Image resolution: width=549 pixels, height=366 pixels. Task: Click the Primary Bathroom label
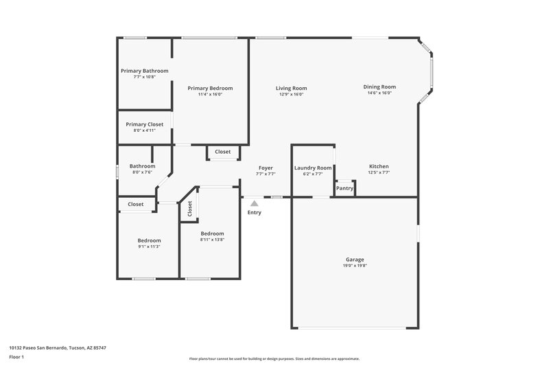144,71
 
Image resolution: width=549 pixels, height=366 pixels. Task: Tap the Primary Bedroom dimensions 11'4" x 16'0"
210,94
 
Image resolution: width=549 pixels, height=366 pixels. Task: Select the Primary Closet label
144,124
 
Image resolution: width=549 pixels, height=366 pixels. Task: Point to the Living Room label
291,88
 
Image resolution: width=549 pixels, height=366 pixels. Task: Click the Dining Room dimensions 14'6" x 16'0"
379,93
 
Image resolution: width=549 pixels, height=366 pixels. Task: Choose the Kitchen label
379,167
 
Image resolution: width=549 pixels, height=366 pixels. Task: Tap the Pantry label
344,188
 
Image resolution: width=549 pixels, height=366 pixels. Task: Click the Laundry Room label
313,168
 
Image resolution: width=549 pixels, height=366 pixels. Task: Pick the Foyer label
266,168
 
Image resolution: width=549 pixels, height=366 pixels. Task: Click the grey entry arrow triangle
254,203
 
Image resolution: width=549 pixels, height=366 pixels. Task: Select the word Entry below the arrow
254,212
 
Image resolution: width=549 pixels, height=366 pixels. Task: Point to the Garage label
355,260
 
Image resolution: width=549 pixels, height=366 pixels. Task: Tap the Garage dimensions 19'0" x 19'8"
355,266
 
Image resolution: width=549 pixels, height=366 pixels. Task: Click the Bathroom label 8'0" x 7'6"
143,165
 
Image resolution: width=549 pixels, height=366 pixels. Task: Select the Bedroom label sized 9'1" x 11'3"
149,240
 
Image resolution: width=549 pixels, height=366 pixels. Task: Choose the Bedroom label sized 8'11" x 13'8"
212,233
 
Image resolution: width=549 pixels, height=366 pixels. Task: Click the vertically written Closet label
189,210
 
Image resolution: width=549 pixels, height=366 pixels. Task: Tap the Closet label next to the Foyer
223,152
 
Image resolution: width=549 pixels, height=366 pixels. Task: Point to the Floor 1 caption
16,358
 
